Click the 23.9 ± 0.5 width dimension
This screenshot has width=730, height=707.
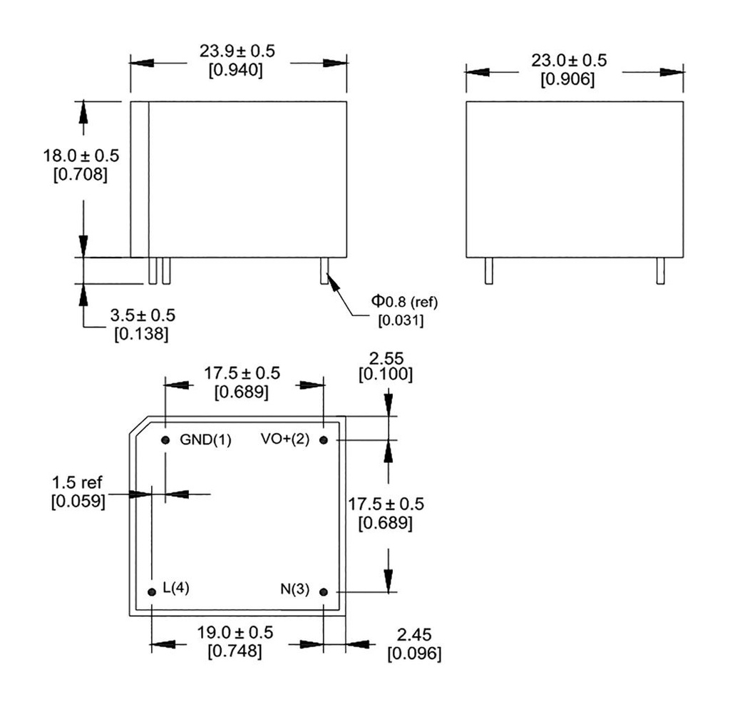pos(237,51)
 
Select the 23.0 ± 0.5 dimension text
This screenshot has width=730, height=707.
pos(569,61)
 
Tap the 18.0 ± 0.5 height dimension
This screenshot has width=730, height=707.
pos(81,156)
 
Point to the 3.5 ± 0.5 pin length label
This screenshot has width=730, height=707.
pos(143,315)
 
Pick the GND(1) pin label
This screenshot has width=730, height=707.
pos(205,440)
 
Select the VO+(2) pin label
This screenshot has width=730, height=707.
pos(285,439)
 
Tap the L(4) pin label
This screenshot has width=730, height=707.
pos(175,588)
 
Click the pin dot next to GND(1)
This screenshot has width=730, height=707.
pos(165,440)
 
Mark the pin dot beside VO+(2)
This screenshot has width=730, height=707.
pos(324,440)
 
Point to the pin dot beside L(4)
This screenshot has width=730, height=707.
pos(151,591)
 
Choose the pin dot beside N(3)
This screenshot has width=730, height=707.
pos(324,591)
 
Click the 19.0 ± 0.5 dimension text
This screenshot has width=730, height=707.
pos(235,633)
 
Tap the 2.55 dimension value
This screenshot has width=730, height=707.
pos(389,357)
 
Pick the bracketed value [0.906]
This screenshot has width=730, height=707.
pos(568,79)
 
